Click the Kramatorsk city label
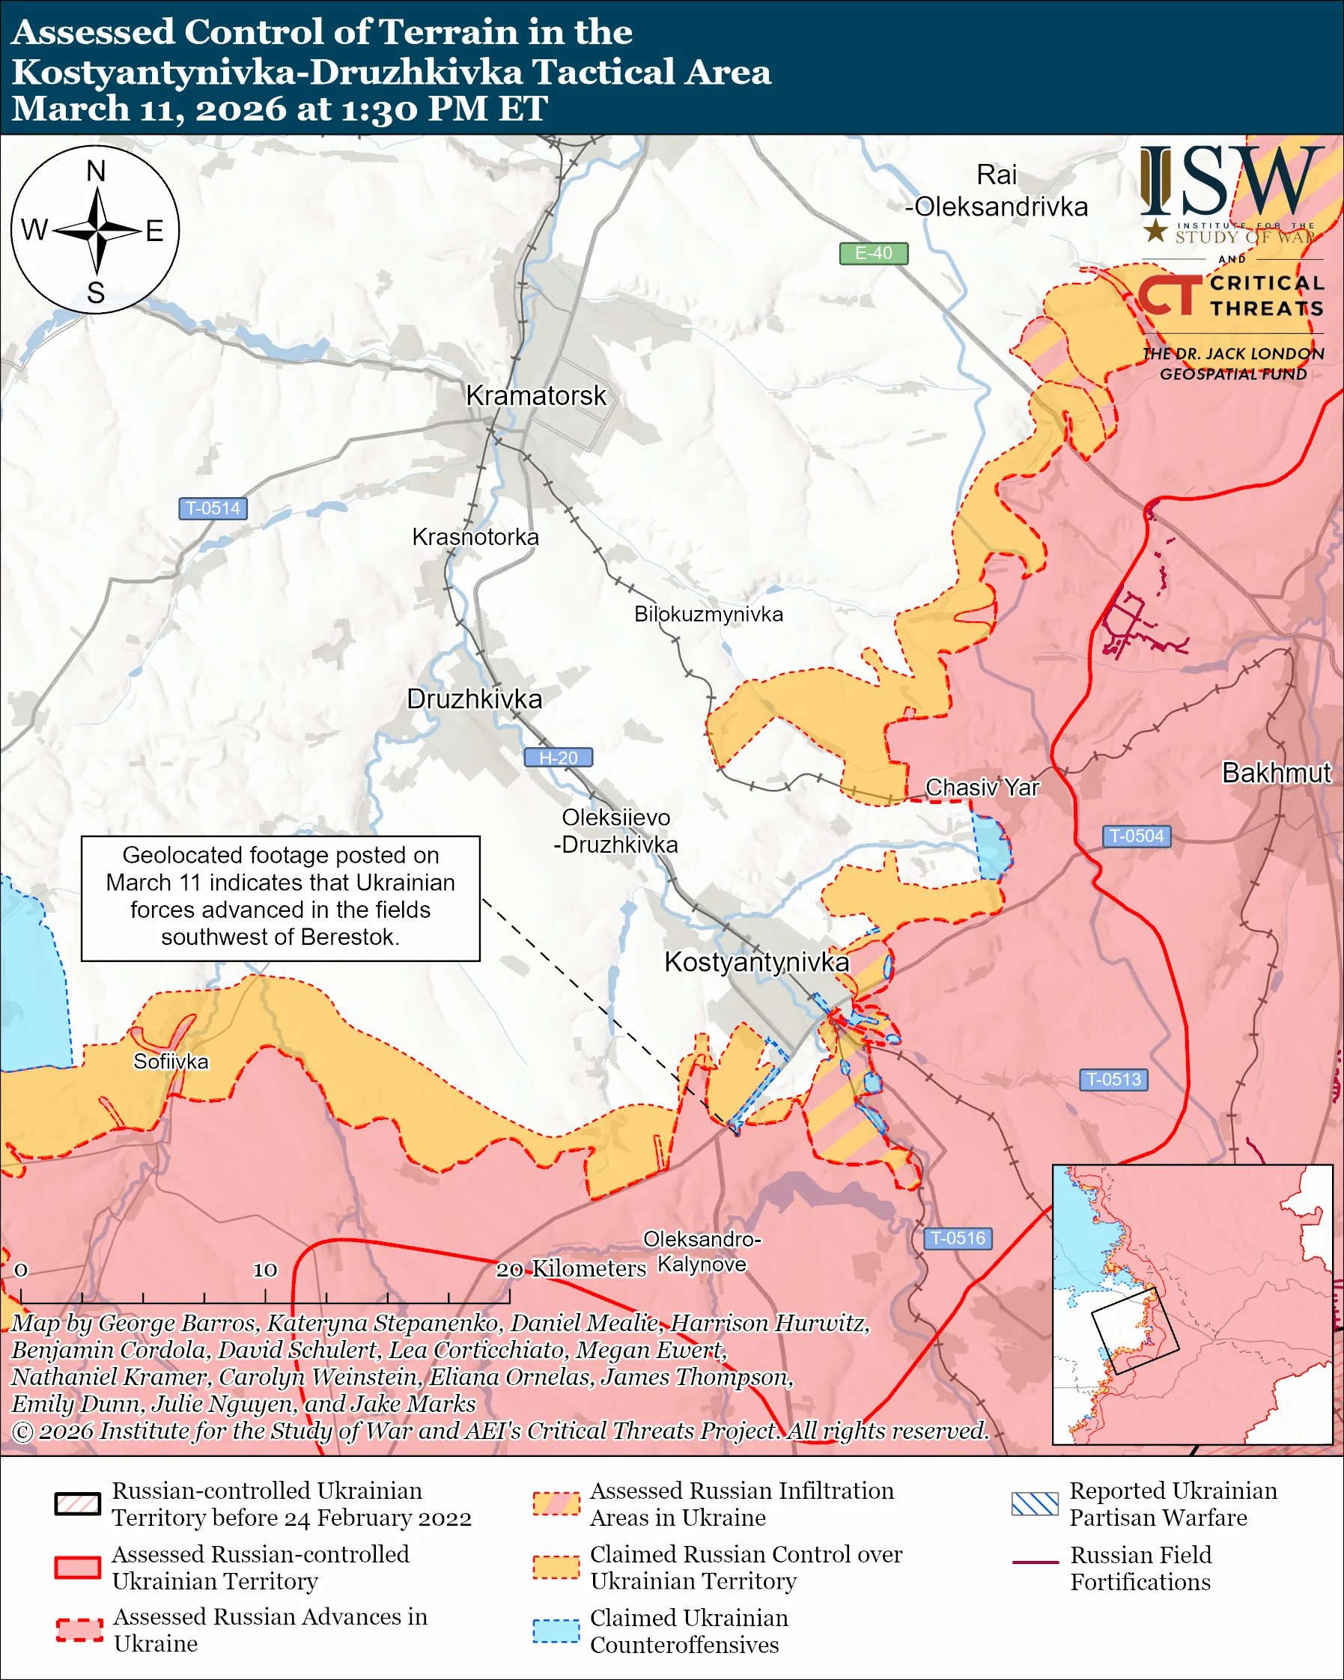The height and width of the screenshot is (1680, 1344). [535, 396]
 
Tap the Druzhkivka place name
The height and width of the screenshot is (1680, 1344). [475, 699]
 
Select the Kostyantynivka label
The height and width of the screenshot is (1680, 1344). [755, 962]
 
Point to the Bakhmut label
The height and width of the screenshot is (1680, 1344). [1276, 773]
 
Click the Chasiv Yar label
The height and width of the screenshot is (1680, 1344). [982, 788]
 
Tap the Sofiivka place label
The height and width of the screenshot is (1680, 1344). [171, 1062]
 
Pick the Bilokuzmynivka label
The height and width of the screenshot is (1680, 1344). [708, 615]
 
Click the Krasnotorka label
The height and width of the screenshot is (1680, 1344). [475, 538]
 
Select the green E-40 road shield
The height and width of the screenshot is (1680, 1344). [873, 253]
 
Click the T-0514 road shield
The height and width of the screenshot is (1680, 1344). [213, 509]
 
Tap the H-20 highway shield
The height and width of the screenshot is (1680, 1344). [558, 758]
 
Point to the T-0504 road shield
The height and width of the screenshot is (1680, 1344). [1136, 836]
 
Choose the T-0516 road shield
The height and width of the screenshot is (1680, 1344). [958, 1238]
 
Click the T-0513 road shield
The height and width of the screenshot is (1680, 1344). [1113, 1080]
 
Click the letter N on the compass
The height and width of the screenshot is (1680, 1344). [96, 171]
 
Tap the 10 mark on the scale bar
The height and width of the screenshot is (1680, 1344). [265, 1270]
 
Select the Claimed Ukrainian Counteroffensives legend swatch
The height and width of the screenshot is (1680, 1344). [556, 1631]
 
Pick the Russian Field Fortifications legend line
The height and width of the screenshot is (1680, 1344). [1035, 1562]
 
